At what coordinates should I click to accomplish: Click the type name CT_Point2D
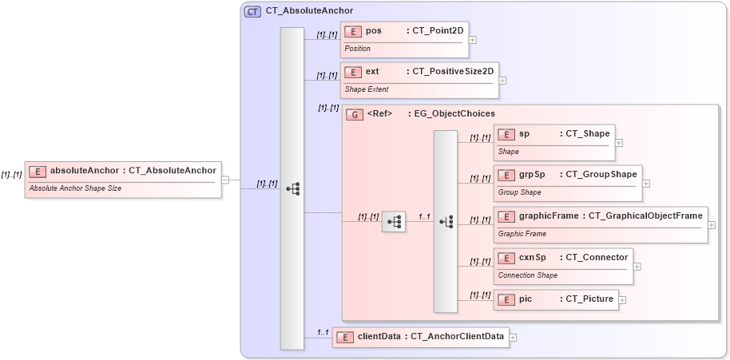(438, 31)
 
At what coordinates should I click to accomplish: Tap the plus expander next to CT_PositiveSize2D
(502, 81)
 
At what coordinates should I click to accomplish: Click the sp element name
(524, 134)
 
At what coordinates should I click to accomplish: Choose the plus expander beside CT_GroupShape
(646, 184)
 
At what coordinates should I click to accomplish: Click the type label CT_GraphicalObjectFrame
(645, 216)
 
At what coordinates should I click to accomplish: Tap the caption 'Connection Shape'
(527, 275)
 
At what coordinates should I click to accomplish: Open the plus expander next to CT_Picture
(622, 300)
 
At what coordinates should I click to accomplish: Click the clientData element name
(379, 337)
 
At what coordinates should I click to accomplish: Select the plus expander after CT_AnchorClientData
(513, 338)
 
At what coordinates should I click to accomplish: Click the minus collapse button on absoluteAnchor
(225, 180)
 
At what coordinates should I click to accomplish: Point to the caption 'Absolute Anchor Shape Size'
(75, 189)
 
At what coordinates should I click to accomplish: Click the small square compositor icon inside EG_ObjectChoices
(394, 221)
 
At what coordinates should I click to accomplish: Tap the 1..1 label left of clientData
(323, 332)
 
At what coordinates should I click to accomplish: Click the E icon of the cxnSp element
(506, 258)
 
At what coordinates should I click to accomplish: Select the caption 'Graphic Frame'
(522, 234)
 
